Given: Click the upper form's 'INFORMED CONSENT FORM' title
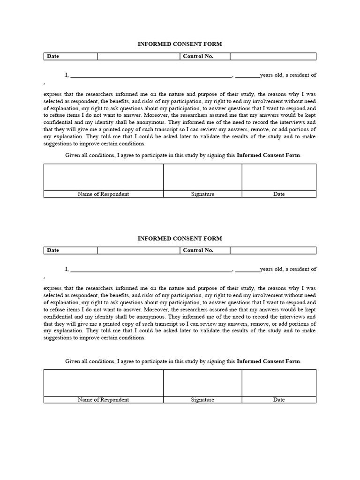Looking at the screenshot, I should pyautogui.click(x=180, y=44).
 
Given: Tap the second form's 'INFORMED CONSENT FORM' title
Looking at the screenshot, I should pyautogui.click(x=180, y=238).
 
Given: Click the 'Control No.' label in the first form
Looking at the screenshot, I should pyautogui.click(x=198, y=56).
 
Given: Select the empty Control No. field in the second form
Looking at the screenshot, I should pyautogui.click(x=273, y=250).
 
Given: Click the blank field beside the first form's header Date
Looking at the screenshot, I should pyautogui.click(x=139, y=56).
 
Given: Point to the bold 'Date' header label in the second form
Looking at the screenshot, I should pyautogui.click(x=53, y=250).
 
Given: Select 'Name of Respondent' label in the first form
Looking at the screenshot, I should pyautogui.click(x=103, y=194).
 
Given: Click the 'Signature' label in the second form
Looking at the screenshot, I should pyautogui.click(x=202, y=400).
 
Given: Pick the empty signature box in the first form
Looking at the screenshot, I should pyautogui.click(x=202, y=177).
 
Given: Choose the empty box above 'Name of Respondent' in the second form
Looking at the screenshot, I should pyautogui.click(x=103, y=383).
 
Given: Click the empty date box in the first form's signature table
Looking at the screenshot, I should pyautogui.click(x=279, y=177).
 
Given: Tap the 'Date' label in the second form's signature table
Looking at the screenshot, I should pyautogui.click(x=279, y=400).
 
